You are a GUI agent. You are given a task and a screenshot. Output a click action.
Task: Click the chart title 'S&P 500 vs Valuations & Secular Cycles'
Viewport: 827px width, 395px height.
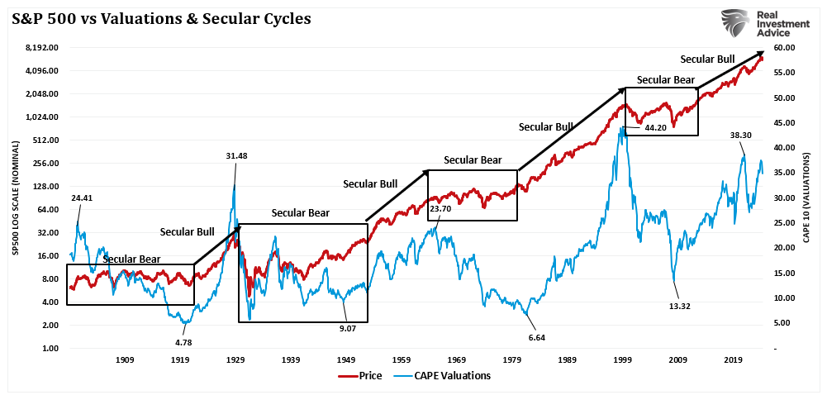[x=162, y=18]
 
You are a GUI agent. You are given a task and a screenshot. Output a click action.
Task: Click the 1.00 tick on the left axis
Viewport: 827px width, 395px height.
[x=50, y=349]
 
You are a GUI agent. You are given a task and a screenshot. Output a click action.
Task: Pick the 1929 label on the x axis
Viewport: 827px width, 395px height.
[x=235, y=360]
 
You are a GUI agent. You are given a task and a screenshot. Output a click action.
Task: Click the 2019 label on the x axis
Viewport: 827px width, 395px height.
[x=733, y=360]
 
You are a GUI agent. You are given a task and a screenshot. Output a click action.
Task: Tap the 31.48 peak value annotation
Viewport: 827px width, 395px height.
[x=235, y=155]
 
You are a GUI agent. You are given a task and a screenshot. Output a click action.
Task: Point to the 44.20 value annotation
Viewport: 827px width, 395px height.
[x=656, y=128]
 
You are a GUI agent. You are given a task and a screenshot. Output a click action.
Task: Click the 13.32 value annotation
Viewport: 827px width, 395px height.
[x=681, y=306]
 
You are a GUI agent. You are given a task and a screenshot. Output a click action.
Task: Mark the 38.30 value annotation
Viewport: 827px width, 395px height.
[x=741, y=135]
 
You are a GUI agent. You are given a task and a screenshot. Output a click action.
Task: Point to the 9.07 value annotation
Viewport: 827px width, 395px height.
[x=347, y=327]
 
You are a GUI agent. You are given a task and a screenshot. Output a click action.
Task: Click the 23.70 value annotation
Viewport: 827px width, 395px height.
[x=441, y=209]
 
